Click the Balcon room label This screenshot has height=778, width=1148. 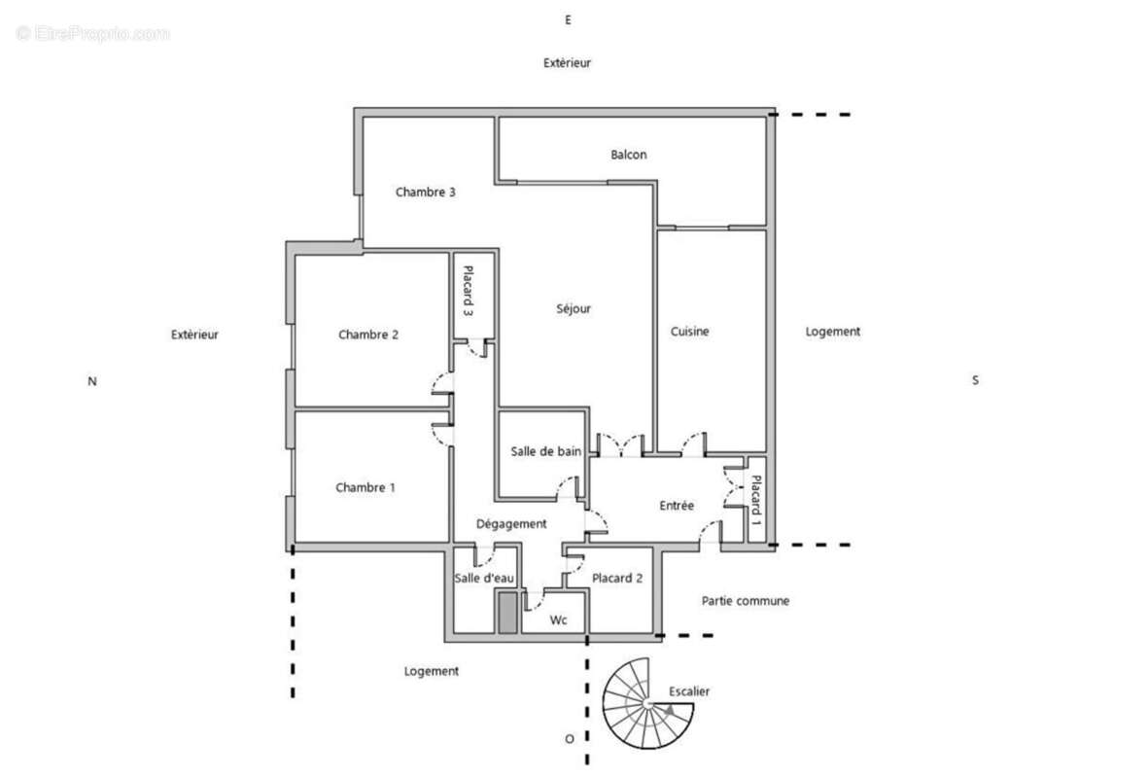point(628,155)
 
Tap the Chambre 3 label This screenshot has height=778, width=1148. point(426,193)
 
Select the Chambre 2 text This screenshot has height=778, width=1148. point(368,336)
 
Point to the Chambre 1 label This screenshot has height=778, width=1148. point(365,488)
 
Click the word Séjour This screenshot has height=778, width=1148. point(574,309)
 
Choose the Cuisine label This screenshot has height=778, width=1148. point(690,332)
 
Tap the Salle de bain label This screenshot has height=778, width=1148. point(546,451)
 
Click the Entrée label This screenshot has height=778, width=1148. point(677,506)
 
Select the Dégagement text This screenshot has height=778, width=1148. point(511,524)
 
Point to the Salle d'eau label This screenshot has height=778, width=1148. point(479,579)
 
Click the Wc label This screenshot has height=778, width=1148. point(558,620)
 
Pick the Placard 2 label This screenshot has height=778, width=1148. point(618,579)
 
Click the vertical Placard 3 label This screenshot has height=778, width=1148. point(468,292)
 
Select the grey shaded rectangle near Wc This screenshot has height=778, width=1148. point(505,613)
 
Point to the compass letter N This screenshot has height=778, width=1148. point(92,382)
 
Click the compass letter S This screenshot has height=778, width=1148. point(975,380)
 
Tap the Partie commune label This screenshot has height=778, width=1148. point(746,601)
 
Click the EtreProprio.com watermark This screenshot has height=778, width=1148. point(92,34)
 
